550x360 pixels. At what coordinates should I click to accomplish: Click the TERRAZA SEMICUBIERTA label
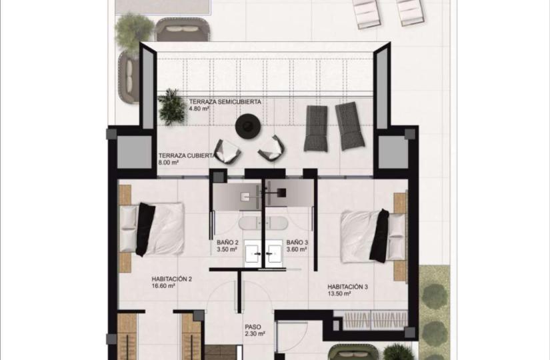click(225, 102)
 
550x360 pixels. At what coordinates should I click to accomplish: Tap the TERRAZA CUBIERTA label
click(186, 155)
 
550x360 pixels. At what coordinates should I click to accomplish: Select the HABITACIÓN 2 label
click(171, 279)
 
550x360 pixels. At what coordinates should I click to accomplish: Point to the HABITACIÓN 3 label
click(347, 287)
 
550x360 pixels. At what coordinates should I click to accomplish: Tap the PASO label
click(253, 327)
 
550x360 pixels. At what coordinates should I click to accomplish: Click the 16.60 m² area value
click(163, 286)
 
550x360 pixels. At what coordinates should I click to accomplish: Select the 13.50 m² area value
click(339, 294)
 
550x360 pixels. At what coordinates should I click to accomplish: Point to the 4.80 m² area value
click(199, 109)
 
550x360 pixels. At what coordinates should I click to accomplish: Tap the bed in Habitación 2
click(151, 229)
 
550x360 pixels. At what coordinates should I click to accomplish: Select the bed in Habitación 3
click(373, 235)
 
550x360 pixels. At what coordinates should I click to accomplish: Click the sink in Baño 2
click(253, 251)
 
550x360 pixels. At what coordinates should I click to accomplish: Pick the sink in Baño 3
click(274, 251)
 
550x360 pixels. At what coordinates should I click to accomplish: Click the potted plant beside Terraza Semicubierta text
click(172, 107)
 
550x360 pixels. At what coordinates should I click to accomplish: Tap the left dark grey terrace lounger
click(316, 129)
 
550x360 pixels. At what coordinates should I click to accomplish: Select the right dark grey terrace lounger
click(349, 126)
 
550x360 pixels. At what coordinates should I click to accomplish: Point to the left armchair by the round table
click(228, 151)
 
